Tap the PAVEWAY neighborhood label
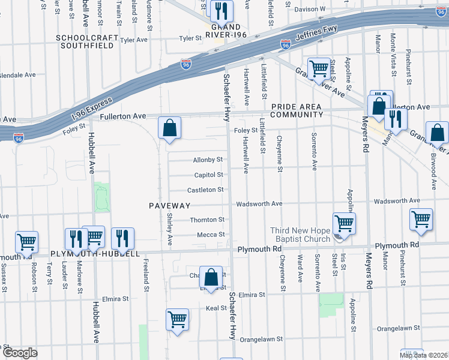[x=170, y=206]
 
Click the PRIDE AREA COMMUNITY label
[x=297, y=110]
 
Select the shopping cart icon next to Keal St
[x=178, y=319]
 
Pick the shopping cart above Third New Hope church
[x=344, y=223]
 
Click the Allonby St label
[x=208, y=160]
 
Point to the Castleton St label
[x=205, y=190]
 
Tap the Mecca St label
[x=212, y=235]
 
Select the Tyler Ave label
[x=134, y=40]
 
